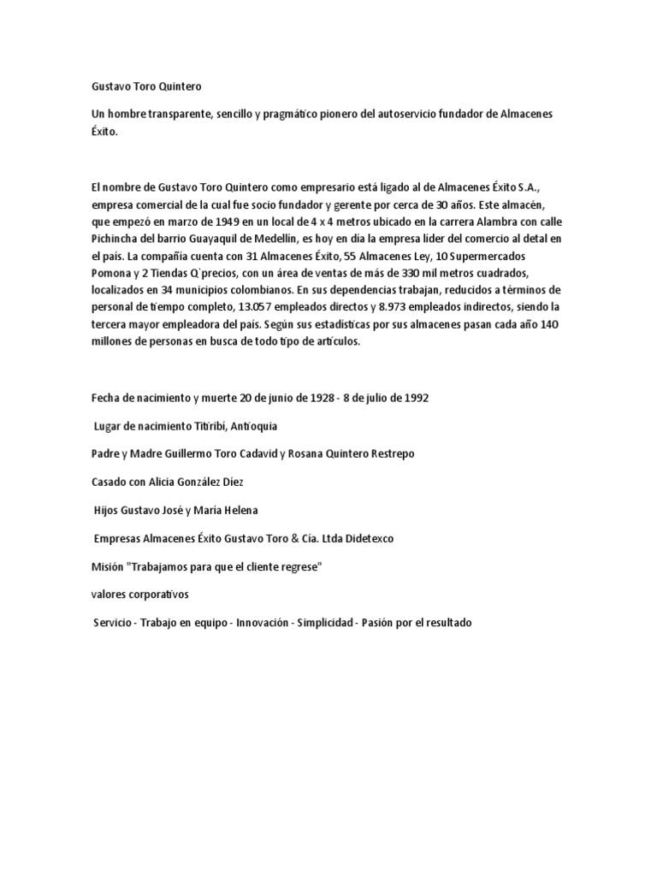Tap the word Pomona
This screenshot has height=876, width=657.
112,273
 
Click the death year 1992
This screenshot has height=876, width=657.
411,398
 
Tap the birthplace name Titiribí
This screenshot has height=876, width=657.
201,425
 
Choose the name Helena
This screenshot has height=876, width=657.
236,510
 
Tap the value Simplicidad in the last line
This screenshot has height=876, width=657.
324,622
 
